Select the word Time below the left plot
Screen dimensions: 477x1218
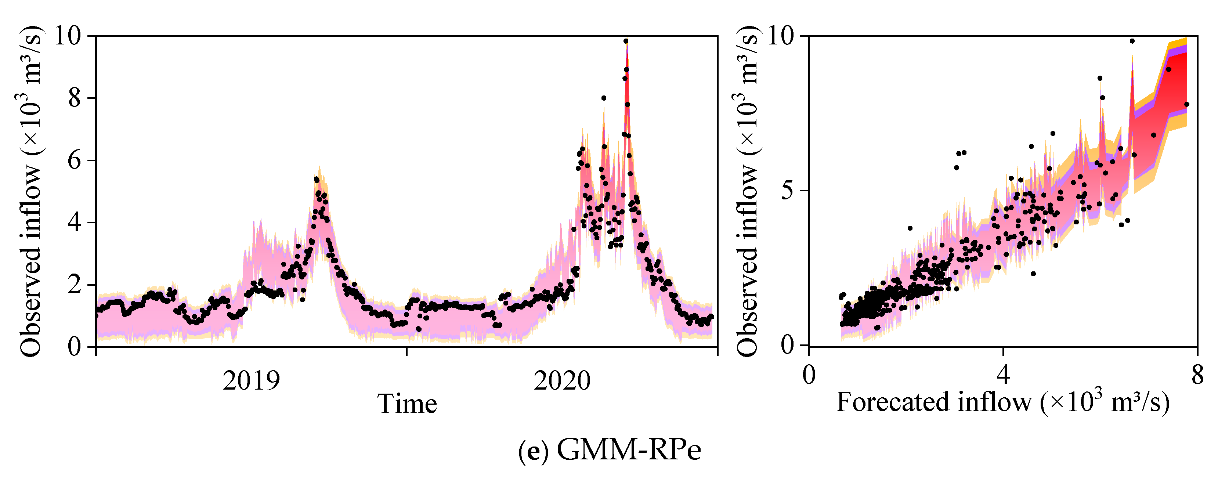[406, 404]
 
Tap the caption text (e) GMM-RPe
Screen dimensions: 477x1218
[610, 449]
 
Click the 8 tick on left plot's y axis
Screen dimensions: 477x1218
[74, 98]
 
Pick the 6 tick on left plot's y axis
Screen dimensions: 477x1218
[74, 161]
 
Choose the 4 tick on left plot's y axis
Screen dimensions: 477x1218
[74, 223]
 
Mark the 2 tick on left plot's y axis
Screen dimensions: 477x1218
[74, 285]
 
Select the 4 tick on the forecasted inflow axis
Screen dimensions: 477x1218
[1003, 376]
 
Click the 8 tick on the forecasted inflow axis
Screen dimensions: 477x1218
[1197, 376]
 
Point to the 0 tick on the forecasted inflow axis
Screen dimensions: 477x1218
[809, 376]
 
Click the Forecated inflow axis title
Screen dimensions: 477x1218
[1003, 403]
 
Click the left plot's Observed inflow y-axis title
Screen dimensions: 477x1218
[31, 191]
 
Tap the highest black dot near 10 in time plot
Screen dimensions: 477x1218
[626, 41]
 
